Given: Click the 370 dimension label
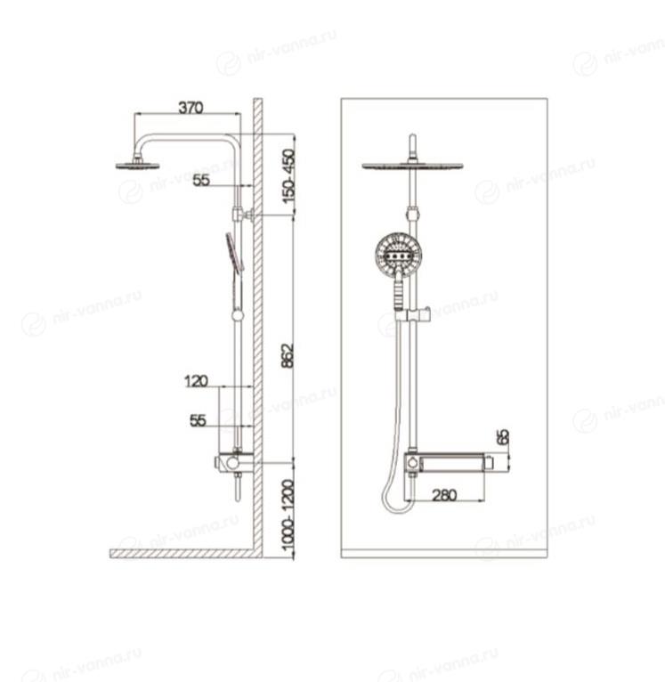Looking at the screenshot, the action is [x=191, y=108].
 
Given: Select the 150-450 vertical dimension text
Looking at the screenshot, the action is [x=288, y=176].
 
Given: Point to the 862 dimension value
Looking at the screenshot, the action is [x=288, y=356].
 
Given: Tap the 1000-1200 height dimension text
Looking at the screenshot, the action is [x=288, y=515].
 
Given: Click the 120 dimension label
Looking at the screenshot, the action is [x=196, y=381].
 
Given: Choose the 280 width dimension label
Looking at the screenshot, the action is [x=444, y=495].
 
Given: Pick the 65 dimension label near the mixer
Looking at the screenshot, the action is [x=503, y=437].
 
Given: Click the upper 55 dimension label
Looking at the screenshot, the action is [x=201, y=180].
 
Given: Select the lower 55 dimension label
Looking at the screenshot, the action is [x=198, y=420].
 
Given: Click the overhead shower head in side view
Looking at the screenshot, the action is [x=138, y=166].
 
